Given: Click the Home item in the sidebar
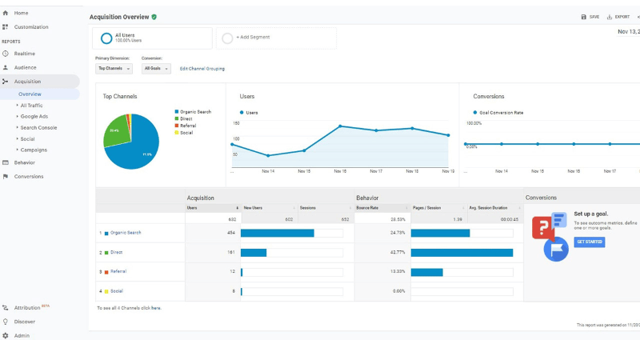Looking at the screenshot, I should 21,13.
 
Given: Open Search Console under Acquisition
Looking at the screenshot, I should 38,127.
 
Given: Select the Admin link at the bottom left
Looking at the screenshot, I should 22,335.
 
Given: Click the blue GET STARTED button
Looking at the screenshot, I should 589,242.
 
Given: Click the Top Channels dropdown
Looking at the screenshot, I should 114,69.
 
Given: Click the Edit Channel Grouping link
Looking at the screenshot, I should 202,69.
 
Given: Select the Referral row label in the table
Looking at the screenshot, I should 118,271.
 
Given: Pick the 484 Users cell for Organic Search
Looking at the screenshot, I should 230,233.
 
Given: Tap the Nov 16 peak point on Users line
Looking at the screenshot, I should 340,126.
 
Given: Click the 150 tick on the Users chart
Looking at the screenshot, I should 236,123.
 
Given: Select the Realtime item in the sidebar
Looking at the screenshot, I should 24,54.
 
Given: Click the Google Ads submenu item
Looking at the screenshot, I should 34,116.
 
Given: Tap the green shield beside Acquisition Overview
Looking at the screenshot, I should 154,17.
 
